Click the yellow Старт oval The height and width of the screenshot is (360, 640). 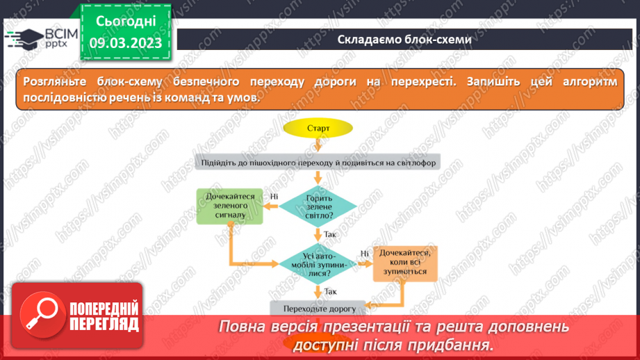click(318, 128)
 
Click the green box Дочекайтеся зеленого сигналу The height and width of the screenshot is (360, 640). click(230, 206)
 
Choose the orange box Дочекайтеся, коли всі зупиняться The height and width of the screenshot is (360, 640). click(405, 263)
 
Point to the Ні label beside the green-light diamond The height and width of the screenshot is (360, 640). click(274, 197)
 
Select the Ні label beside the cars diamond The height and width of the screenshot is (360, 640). click(364, 254)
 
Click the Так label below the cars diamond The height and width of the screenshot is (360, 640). click(331, 291)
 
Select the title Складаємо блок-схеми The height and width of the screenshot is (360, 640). click(404, 39)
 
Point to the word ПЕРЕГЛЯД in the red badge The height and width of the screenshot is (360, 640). click(105, 324)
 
